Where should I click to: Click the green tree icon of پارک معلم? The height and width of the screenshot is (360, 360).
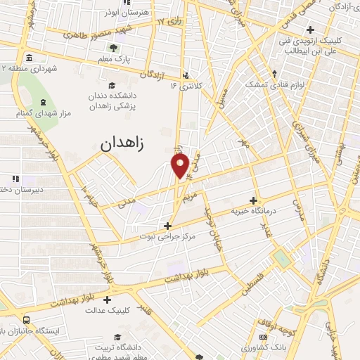click(x=112, y=49)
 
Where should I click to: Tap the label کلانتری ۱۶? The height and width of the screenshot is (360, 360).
click(x=190, y=86)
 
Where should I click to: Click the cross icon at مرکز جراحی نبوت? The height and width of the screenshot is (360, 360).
click(x=167, y=226)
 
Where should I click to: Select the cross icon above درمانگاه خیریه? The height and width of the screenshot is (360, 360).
click(x=253, y=200)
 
